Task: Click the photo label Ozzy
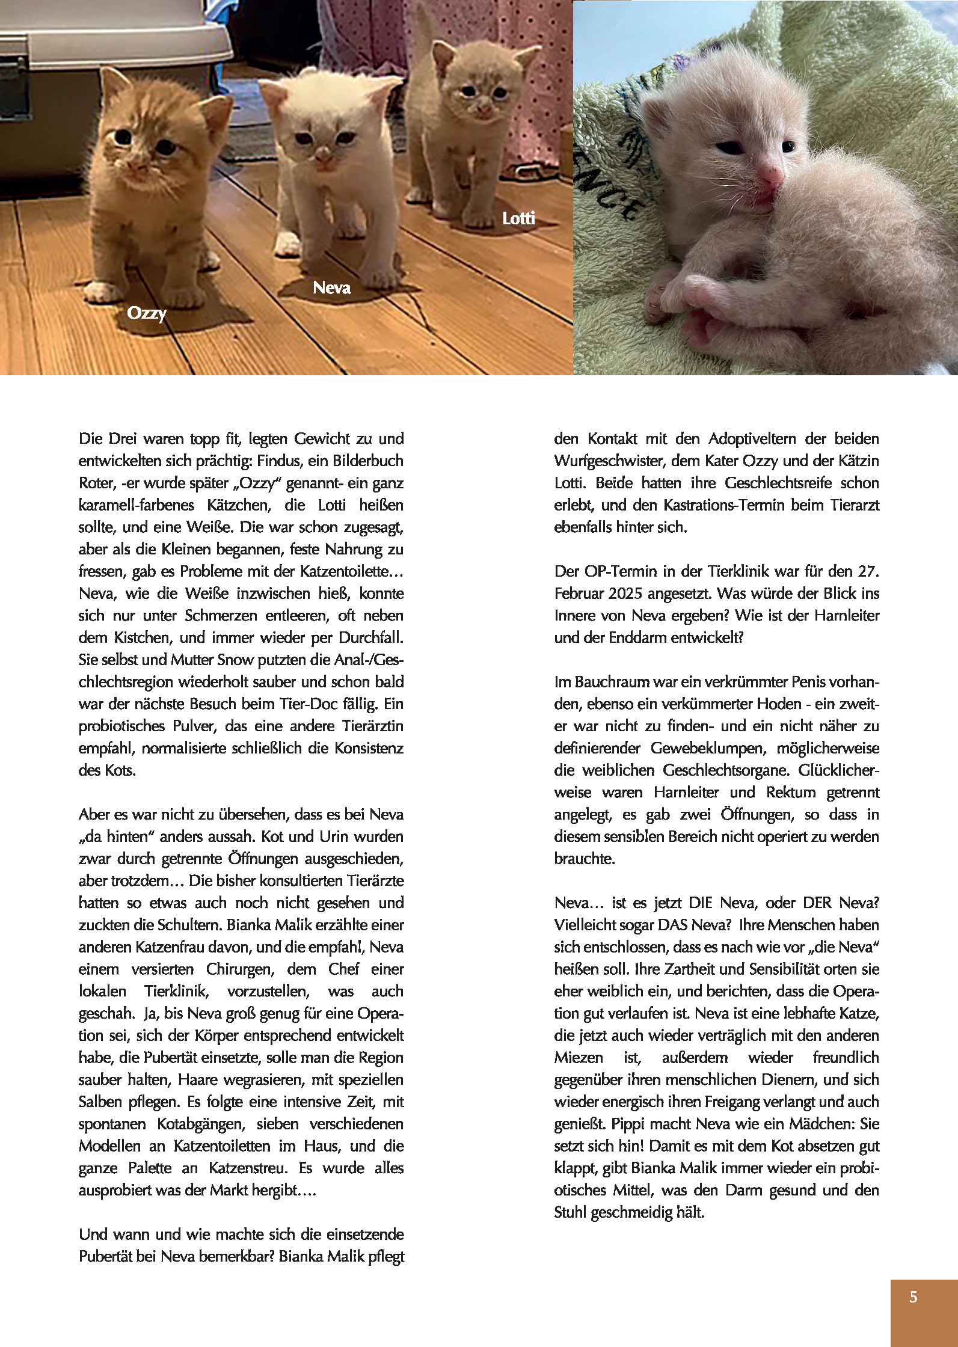[x=146, y=313]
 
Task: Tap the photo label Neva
[x=331, y=288]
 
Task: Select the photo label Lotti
[x=518, y=218]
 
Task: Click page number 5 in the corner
[x=913, y=1296]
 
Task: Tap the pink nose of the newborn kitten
[x=771, y=175]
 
